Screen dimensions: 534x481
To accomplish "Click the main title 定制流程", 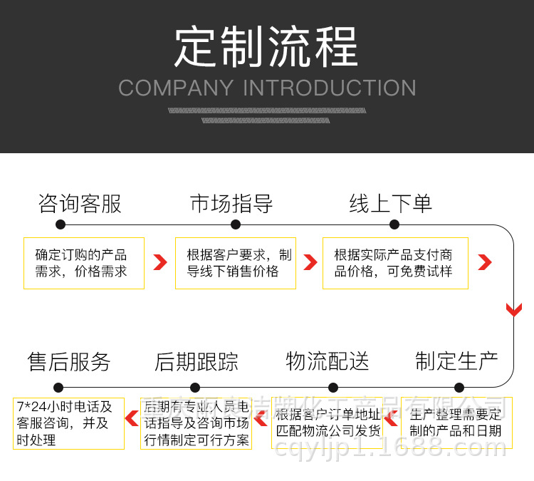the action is click(x=266, y=47).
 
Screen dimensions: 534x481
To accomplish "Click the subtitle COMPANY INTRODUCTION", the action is click(x=267, y=88).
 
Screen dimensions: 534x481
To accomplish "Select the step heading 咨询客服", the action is click(x=80, y=205).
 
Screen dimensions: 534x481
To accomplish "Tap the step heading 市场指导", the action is click(x=231, y=205).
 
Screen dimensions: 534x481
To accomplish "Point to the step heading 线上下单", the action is click(x=391, y=205).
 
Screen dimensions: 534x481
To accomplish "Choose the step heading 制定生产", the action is click(x=456, y=361).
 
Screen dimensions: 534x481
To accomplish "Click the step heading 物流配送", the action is click(x=328, y=361).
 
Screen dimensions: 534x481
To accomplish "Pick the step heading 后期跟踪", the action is click(x=197, y=362).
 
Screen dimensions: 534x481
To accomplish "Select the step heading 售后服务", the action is click(x=69, y=362).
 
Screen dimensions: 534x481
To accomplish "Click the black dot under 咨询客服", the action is click(x=61, y=224).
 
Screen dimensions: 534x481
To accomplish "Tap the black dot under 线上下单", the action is click(x=394, y=224).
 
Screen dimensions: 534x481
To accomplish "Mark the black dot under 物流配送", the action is click(x=333, y=388).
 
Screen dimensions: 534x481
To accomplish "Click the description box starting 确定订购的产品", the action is click(x=84, y=263).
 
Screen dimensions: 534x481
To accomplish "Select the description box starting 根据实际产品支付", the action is click(x=395, y=263).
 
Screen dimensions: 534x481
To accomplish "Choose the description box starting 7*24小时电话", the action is click(x=68, y=423).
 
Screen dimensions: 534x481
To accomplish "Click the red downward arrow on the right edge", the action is click(x=514, y=310).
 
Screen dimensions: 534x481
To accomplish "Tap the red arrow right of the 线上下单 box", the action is click(x=485, y=262).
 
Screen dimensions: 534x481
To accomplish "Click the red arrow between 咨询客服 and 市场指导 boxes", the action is click(x=160, y=262).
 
